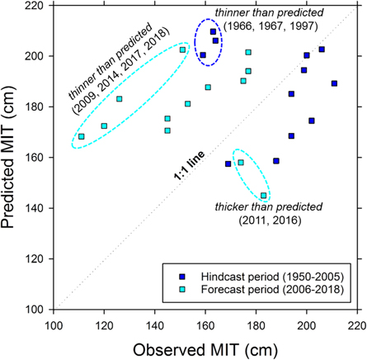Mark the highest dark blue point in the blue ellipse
(214, 32)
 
